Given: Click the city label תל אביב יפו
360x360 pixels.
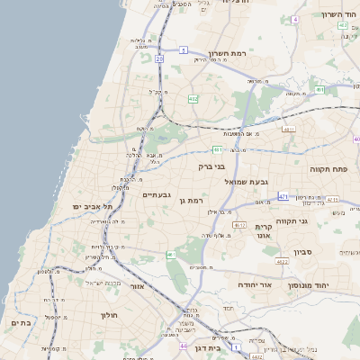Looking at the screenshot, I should (94, 206).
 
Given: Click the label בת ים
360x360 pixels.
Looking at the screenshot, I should (22, 321).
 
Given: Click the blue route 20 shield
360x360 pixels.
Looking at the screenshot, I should (158, 58).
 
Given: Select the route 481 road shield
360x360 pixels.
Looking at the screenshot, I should (217, 149).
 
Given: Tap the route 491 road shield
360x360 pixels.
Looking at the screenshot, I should (319, 90).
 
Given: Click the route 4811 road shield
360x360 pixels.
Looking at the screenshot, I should (289, 130).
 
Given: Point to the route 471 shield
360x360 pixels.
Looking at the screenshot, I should (283, 196).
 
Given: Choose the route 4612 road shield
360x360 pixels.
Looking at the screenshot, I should (239, 225).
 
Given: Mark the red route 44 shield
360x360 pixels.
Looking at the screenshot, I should (183, 346).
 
